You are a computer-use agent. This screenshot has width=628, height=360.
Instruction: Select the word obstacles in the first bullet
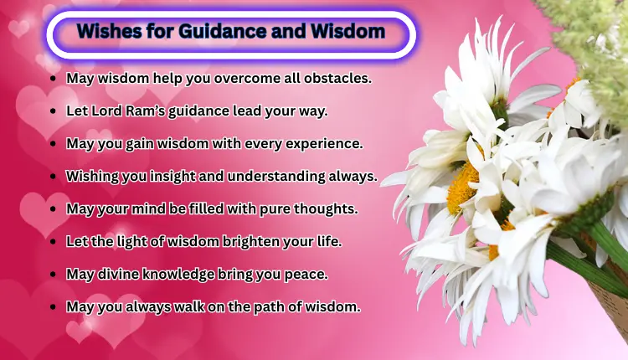click(338, 78)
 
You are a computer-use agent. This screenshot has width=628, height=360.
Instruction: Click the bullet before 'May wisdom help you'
click(54, 78)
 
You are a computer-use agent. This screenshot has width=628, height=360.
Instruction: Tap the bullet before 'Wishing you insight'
click(54, 176)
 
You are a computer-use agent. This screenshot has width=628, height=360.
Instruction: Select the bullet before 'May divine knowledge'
click(54, 274)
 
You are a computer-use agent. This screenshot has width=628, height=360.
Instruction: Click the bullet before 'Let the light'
click(54, 241)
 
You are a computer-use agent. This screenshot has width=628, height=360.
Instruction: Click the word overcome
click(233, 78)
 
